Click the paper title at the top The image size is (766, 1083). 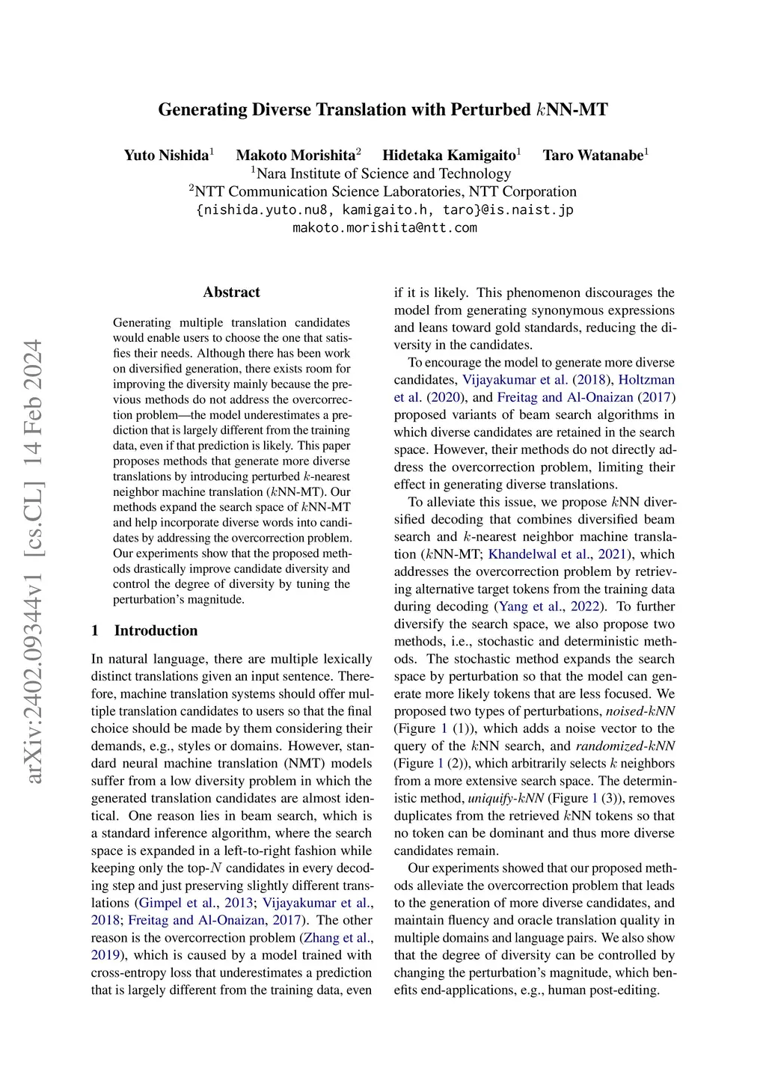383,110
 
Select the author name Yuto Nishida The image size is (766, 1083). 166,156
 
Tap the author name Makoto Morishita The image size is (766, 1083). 295,156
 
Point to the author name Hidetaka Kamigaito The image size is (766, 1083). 449,156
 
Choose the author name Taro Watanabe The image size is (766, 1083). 592,156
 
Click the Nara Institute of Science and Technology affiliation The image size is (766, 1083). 383,174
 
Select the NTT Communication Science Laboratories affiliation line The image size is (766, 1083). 383,191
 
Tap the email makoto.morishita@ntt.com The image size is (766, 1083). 384,227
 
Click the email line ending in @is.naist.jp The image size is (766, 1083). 384,209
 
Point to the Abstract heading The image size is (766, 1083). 231,292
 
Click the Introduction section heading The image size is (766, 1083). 156,631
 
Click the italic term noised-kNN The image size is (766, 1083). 640,711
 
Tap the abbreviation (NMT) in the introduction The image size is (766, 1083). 304,764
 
